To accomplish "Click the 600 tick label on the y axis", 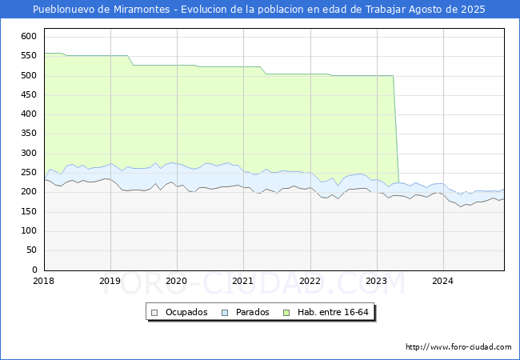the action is point(29,36).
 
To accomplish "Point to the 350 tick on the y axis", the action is point(29,134).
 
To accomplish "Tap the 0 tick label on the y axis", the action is point(34,270).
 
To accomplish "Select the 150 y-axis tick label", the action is point(29,211).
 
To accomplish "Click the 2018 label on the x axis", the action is point(43,281).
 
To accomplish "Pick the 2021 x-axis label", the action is point(242,281).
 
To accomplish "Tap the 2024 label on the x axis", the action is point(442,281).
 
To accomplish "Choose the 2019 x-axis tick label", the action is point(110,281).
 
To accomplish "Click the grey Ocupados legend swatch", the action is point(154,313).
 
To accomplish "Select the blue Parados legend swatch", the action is point(225,313).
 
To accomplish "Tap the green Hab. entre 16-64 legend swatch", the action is point(286,313).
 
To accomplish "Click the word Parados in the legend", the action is point(252,312).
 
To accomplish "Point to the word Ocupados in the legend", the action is point(186,312).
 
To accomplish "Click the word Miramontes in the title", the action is point(142,10).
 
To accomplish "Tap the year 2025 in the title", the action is point(473,10).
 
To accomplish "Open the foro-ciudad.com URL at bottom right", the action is point(458,346).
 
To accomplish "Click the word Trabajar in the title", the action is point(386,10).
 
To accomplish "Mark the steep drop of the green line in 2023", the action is point(396,130).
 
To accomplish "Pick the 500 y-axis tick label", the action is point(29,75).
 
